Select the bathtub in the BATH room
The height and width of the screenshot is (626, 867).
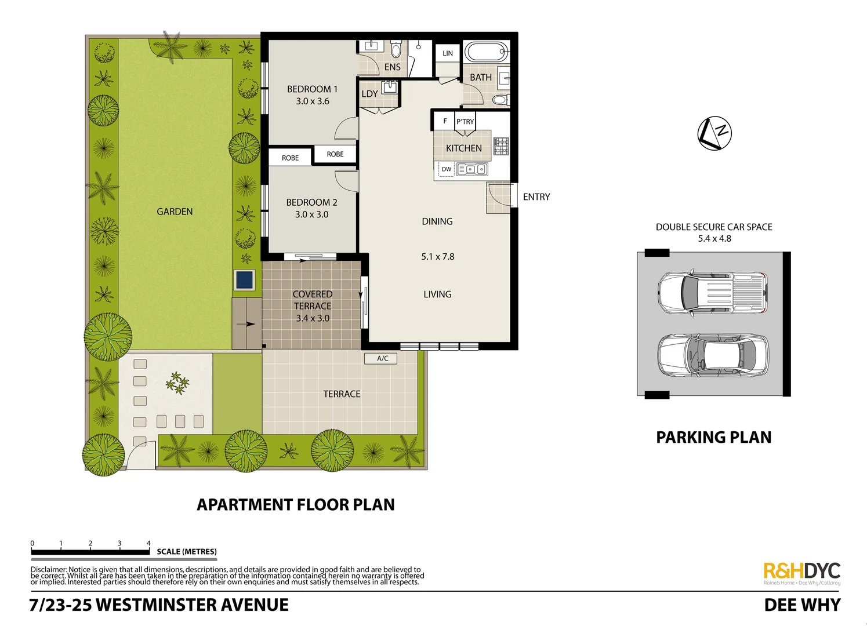(485, 52)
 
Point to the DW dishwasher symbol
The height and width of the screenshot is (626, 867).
(446, 169)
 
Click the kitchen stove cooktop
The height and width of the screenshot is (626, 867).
(501, 145)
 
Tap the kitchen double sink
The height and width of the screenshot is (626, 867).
(472, 169)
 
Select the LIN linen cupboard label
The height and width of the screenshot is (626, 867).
(448, 53)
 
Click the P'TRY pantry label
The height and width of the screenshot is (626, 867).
(465, 122)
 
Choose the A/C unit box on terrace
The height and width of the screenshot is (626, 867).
(382, 358)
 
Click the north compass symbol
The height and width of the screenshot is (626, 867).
(714, 133)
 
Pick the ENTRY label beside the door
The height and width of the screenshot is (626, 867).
(536, 197)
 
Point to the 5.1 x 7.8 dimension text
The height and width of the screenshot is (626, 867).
(437, 256)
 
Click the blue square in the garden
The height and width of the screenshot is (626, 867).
(244, 280)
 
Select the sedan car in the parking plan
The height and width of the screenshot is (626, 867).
(713, 355)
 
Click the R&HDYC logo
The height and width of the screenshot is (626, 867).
(801, 572)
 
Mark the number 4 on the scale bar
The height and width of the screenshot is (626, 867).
(148, 543)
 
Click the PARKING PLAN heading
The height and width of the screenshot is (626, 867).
(713, 437)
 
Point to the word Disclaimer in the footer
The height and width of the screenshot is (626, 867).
(49, 570)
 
